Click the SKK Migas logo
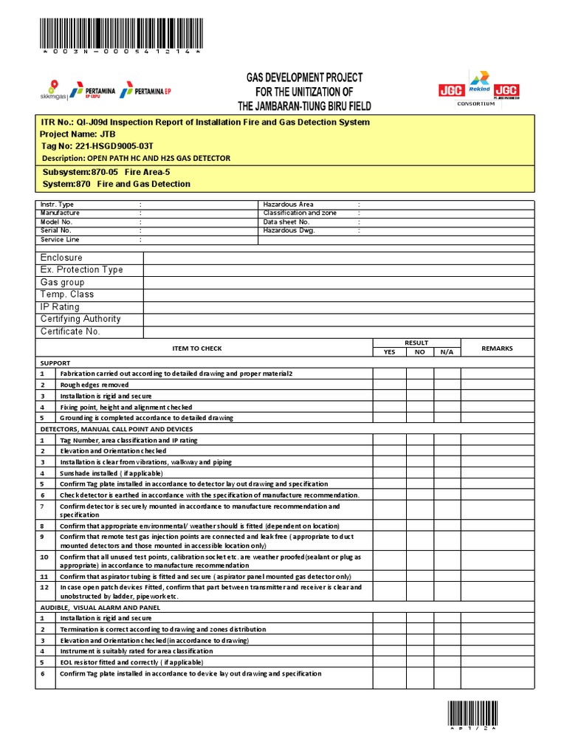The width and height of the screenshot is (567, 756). [53, 89]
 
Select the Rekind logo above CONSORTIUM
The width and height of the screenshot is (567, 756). [479, 83]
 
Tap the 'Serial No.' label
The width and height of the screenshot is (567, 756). [56, 230]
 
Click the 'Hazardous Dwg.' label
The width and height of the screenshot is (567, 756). [289, 230]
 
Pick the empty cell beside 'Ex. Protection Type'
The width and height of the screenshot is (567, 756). [338, 269]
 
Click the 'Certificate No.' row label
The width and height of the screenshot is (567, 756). [70, 331]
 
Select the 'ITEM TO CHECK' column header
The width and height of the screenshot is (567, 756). [196, 348]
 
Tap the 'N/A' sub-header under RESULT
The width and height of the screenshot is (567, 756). [447, 352]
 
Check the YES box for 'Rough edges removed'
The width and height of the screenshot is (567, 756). [389, 385]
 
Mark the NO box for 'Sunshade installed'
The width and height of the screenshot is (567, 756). [419, 472]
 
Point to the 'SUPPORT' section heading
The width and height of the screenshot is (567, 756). [55, 363]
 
